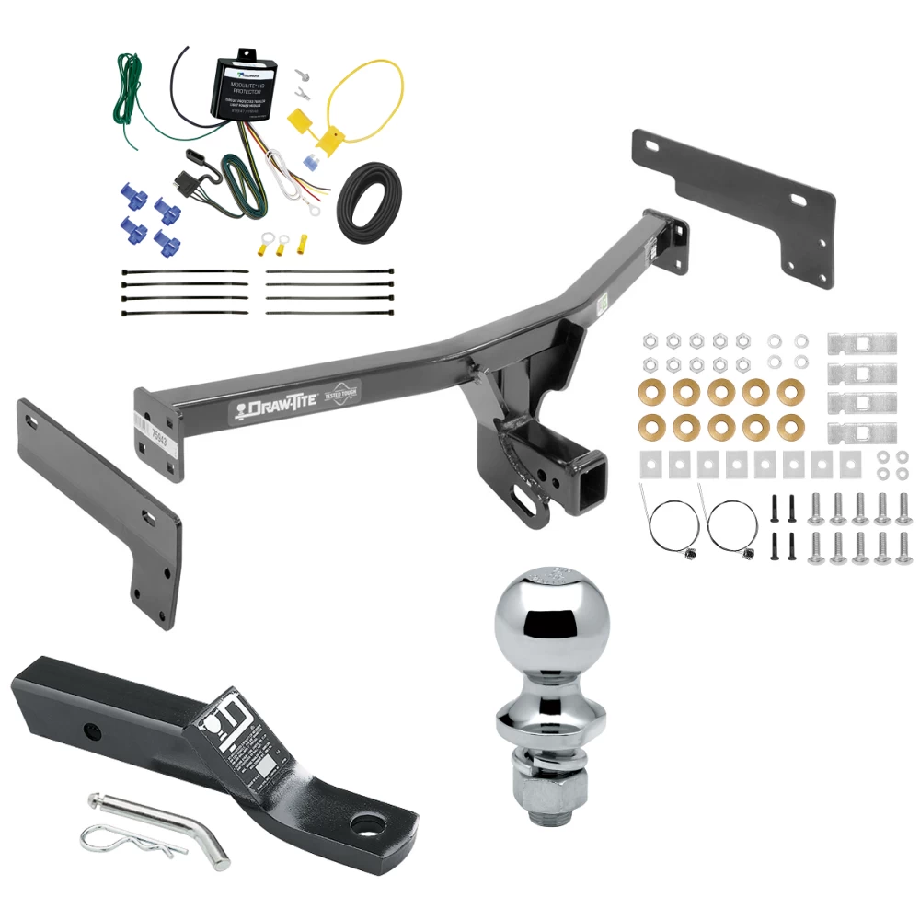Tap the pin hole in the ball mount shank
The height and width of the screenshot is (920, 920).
[x=91, y=733]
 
